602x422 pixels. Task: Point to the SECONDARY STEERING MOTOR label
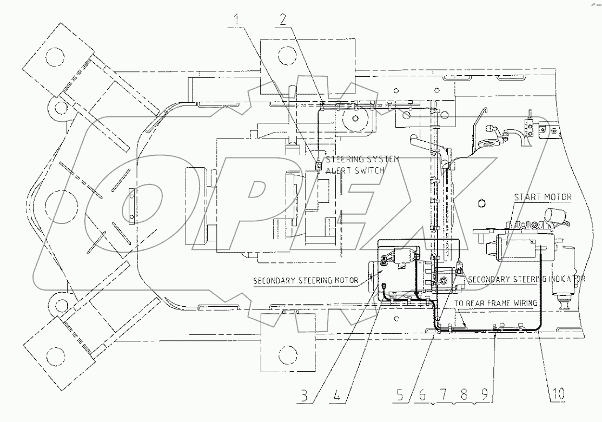point(306,280)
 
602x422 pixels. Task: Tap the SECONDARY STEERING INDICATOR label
point(526,280)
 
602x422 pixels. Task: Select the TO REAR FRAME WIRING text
point(495,304)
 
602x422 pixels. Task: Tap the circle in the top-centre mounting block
point(285,54)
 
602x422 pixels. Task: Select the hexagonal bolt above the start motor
point(482,203)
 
